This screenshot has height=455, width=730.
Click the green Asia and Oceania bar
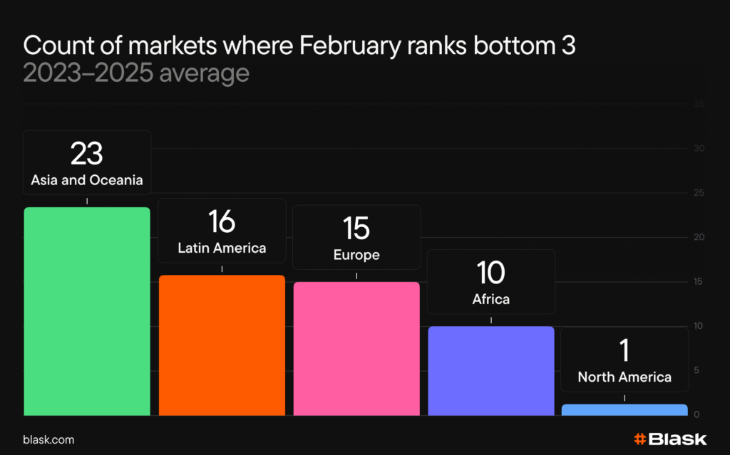pyautogui.click(x=87, y=311)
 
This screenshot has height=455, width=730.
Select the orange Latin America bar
pyautogui.click(x=222, y=345)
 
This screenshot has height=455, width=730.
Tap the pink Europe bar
pyautogui.click(x=356, y=348)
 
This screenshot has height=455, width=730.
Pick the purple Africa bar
pyautogui.click(x=490, y=370)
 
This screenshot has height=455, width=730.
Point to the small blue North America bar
pyautogui.click(x=624, y=409)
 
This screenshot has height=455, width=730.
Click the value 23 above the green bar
pyautogui.click(x=87, y=154)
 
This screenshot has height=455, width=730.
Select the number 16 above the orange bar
pyautogui.click(x=222, y=222)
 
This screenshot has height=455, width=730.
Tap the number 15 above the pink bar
pyautogui.click(x=356, y=229)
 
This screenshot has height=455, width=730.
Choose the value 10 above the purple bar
pyautogui.click(x=490, y=273)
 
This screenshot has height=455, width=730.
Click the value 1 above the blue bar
pyautogui.click(x=624, y=351)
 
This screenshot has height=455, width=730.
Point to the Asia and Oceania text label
pyautogui.click(x=87, y=180)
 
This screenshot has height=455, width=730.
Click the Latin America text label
pyautogui.click(x=222, y=248)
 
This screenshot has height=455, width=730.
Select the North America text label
pyautogui.click(x=624, y=377)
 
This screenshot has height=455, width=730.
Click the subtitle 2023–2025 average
pyautogui.click(x=136, y=73)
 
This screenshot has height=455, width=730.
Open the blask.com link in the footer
pyautogui.click(x=48, y=440)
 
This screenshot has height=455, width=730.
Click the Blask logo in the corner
pyautogui.click(x=669, y=439)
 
